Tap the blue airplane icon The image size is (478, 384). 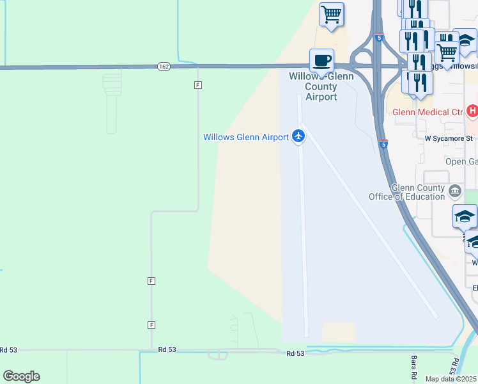[298, 136]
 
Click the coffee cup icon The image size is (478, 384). [321, 60]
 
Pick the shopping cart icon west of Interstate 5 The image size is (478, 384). [332, 14]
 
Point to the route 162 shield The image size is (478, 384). [164, 66]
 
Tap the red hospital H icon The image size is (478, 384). [472, 112]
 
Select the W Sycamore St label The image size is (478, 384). [449, 138]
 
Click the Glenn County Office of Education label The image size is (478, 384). [407, 192]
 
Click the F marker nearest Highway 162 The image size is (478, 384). [198, 84]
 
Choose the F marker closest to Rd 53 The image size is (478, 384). [151, 324]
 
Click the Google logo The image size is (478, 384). [21, 376]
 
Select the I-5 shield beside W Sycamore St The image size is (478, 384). [383, 144]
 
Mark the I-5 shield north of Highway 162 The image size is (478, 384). [379, 38]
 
